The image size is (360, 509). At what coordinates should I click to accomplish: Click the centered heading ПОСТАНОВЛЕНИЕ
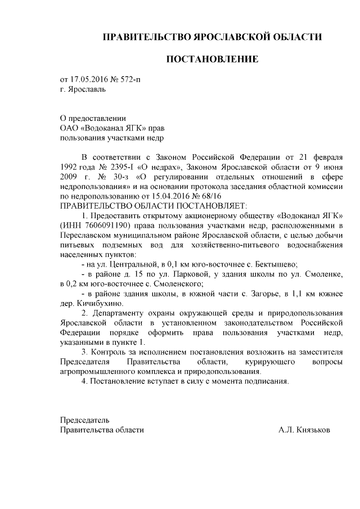[x=211, y=59]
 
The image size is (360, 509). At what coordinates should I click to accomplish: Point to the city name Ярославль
[x=86, y=88]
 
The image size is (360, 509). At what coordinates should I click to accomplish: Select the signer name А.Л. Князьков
[x=304, y=430]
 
